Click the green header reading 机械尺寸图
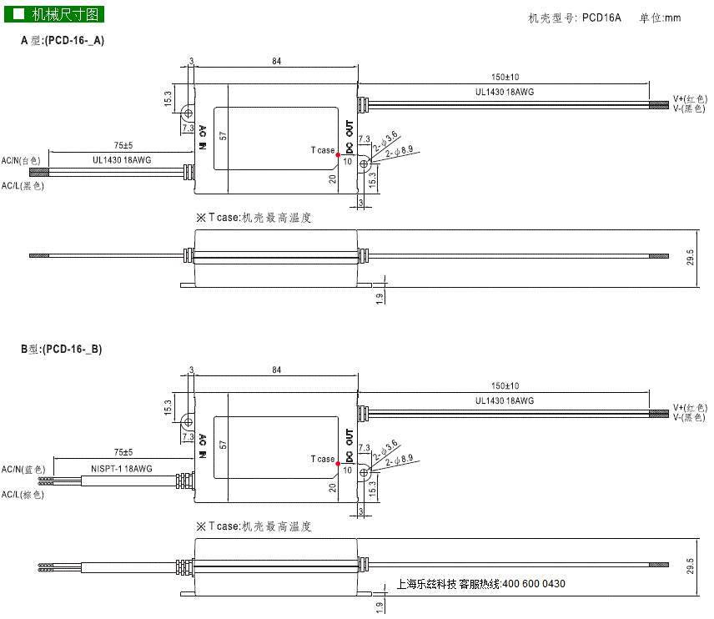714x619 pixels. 54,14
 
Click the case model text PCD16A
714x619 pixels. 601,18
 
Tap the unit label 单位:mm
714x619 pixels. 660,18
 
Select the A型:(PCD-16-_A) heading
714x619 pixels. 63,41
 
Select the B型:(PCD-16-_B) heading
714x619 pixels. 62,350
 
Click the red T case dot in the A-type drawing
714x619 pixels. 338,155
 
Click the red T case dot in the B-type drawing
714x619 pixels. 338,464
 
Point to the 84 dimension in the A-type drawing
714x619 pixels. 276,61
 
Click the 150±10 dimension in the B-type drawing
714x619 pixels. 505,385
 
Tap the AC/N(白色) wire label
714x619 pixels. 21,160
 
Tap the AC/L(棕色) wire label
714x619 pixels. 23,495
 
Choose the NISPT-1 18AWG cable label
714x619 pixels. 122,469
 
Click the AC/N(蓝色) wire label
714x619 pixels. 23,469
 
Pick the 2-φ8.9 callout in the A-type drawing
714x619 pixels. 400,151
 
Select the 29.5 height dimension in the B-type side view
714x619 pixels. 691,566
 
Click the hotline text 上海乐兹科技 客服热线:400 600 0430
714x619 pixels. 480,584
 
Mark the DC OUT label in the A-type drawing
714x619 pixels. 349,137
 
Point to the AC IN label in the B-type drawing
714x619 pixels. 203,446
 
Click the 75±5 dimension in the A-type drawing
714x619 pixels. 123,145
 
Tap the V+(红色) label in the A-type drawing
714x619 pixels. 690,98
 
